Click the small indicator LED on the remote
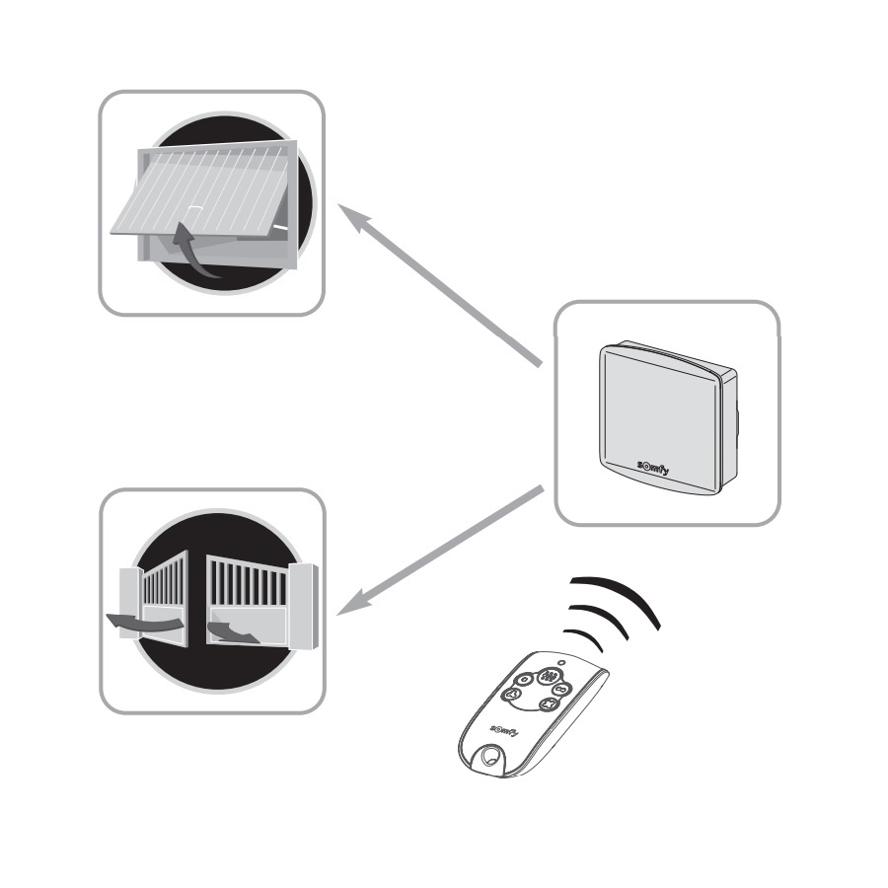(561, 663)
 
